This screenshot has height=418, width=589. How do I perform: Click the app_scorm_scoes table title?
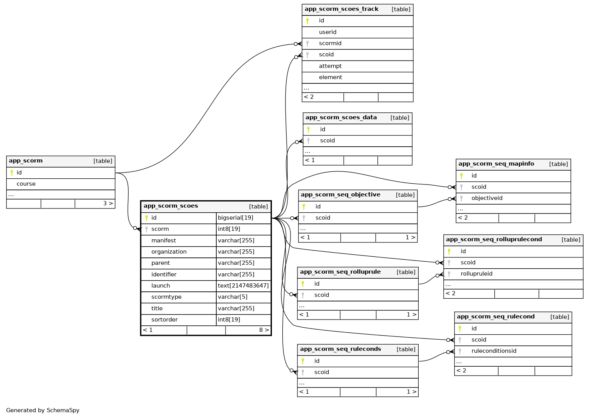click(171, 206)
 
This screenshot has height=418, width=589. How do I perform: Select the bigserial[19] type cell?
click(236, 218)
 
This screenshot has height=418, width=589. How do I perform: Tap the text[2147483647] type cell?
click(243, 286)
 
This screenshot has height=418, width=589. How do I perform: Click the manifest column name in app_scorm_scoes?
click(164, 240)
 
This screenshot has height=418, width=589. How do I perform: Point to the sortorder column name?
click(165, 320)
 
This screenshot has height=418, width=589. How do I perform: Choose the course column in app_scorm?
click(26, 184)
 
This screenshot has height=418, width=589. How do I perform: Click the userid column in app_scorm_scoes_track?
click(328, 32)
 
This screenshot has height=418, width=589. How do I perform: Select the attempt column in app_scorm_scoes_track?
click(330, 66)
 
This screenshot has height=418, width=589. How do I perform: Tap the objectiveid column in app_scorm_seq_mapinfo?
click(487, 198)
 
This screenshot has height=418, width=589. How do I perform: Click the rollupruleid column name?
click(477, 274)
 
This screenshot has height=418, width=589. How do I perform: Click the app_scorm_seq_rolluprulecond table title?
click(494, 239)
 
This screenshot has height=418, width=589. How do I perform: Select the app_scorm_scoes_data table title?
click(341, 117)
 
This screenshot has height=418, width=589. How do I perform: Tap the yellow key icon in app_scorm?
click(12, 173)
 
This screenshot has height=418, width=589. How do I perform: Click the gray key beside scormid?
click(307, 44)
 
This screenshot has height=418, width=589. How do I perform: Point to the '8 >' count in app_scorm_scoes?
click(264, 330)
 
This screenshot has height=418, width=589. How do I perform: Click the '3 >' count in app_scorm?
click(108, 203)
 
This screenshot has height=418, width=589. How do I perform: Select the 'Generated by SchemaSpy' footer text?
click(43, 410)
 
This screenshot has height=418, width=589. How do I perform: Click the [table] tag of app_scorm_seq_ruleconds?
click(406, 349)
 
